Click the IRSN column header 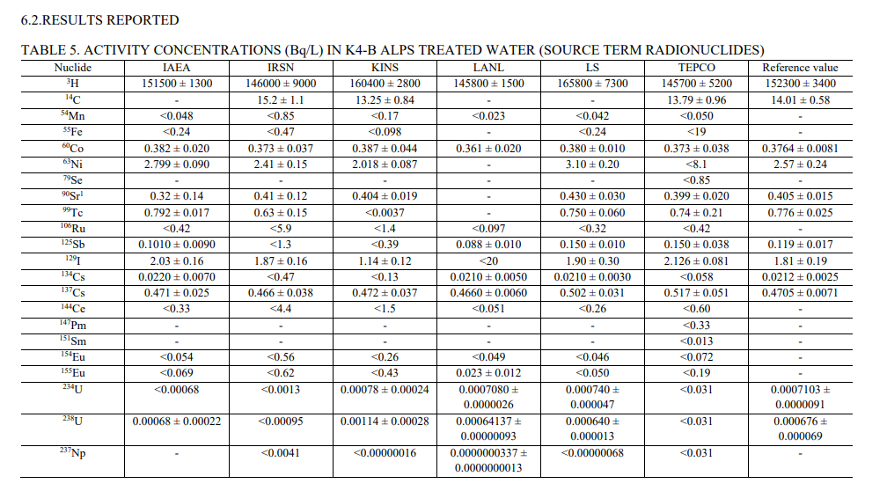pyautogui.click(x=281, y=68)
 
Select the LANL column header pyautogui.click(x=488, y=68)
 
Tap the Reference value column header pyautogui.click(x=799, y=68)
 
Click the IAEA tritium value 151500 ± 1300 pyautogui.click(x=177, y=84)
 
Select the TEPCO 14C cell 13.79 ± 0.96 pyautogui.click(x=696, y=100)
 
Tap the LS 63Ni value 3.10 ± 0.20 pyautogui.click(x=592, y=165)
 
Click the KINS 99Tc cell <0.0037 pyautogui.click(x=385, y=213)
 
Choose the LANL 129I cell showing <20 pyautogui.click(x=488, y=261)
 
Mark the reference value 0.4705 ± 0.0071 pyautogui.click(x=799, y=293)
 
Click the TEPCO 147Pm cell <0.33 pyautogui.click(x=696, y=326)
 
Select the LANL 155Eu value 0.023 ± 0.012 pyautogui.click(x=488, y=374)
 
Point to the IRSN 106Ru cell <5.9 pyautogui.click(x=281, y=229)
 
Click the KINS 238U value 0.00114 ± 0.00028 pyautogui.click(x=385, y=421)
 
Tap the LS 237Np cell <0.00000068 pyautogui.click(x=592, y=453)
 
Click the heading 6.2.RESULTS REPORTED pyautogui.click(x=99, y=19)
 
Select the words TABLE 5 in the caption pyautogui.click(x=48, y=50)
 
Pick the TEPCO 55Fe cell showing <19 pyautogui.click(x=696, y=132)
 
